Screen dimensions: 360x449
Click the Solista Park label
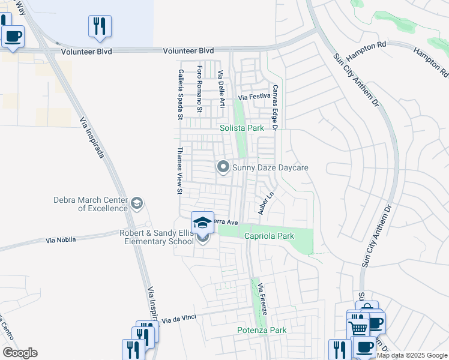241,128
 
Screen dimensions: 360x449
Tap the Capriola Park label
269,236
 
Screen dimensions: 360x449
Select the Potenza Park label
261,330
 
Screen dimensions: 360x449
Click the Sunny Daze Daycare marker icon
223,167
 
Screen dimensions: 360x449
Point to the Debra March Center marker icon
137,204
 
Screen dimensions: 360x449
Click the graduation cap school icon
203,223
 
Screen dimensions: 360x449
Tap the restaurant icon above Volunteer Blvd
100,26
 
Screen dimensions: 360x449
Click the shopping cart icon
358,328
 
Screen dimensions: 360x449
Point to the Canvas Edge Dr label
276,107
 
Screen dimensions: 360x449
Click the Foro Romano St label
199,89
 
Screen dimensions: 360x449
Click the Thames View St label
179,171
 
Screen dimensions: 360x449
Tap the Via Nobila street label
61,240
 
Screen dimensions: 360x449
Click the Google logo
20,353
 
